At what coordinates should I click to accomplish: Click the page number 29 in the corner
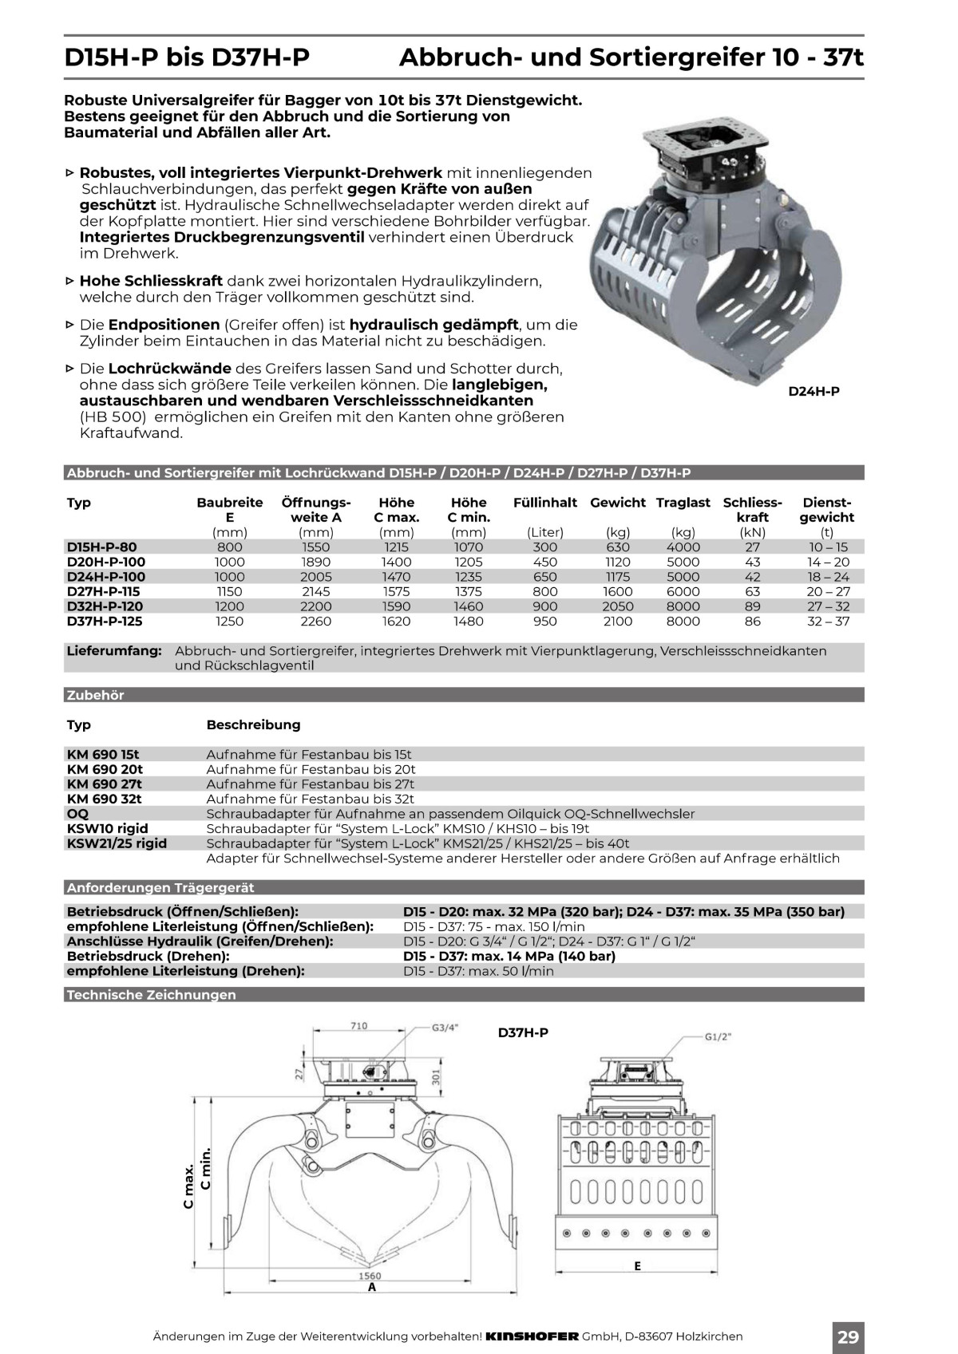point(848,1336)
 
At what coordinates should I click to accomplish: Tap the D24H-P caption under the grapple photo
point(814,391)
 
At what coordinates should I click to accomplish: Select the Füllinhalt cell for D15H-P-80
point(545,547)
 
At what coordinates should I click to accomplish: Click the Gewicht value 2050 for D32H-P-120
point(617,606)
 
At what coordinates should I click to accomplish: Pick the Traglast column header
point(683,503)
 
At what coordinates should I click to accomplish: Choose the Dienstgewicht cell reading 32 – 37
point(828,622)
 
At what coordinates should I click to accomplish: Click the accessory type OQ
point(78,814)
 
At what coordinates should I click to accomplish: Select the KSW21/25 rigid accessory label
point(117,843)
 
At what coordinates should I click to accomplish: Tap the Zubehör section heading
point(96,695)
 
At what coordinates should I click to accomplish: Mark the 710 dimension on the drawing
point(358,1025)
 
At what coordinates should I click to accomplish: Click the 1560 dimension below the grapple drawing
point(370,1276)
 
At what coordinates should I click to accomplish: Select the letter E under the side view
point(637,1265)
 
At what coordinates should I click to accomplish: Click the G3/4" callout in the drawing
point(445,1028)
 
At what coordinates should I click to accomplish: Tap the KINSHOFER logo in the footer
point(532,1336)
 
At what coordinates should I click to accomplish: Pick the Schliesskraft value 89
point(752,606)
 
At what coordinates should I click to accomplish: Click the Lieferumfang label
point(114,651)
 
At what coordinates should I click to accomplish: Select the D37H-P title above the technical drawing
point(523,1032)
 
